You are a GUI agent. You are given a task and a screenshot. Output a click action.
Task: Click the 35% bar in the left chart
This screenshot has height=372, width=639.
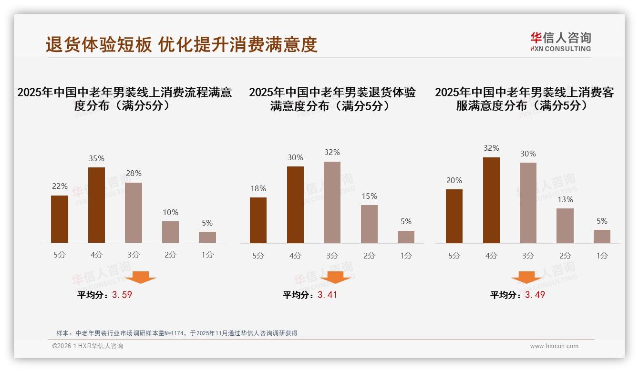[96, 205]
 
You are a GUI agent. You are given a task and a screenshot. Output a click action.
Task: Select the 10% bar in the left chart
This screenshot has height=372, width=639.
[170, 232]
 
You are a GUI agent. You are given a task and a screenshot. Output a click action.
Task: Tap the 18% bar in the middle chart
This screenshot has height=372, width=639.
[258, 220]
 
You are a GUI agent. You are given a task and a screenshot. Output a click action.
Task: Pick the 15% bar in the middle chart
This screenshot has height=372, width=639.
[369, 224]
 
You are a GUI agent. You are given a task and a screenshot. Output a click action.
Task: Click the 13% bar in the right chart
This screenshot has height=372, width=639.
[565, 226]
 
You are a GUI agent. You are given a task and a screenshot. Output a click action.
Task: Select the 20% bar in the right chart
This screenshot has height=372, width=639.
[454, 216]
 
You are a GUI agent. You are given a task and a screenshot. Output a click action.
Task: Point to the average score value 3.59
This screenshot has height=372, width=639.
[122, 295]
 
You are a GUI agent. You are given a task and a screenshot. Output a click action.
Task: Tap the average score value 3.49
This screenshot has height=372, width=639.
[535, 295]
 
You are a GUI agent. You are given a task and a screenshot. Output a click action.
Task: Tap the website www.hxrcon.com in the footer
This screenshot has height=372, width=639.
[554, 346]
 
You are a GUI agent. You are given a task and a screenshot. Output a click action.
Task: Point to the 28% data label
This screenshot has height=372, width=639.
[134, 174]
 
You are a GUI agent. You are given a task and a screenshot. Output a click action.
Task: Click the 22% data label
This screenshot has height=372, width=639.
[60, 186]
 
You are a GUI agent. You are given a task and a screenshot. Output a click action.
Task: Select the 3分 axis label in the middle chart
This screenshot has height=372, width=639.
[332, 256]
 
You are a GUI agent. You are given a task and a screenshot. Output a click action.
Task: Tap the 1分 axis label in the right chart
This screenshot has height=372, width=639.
[602, 256]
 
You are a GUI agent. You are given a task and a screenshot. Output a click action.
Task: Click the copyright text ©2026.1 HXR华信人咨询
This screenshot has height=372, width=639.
[88, 346]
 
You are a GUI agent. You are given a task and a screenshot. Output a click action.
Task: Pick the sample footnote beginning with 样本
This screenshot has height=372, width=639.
[177, 333]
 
